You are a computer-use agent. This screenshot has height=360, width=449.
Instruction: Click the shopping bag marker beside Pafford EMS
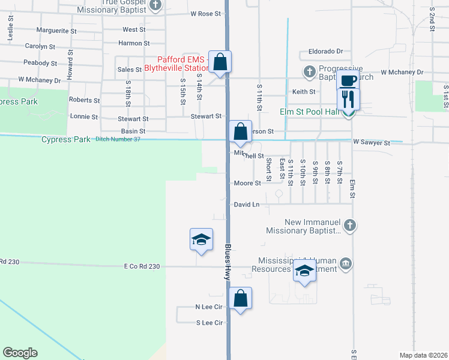pos(220,62)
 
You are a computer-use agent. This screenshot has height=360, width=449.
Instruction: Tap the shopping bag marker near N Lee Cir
pos(240,298)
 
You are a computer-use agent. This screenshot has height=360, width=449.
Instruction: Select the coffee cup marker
pos(348,80)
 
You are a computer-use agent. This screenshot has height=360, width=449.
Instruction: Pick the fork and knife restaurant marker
pos(348,98)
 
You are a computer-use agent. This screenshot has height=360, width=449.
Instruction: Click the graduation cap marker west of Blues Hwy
pos(201,240)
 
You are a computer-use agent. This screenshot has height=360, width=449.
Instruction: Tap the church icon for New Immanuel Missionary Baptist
pos(351,226)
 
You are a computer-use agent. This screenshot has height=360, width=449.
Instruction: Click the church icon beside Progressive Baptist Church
pos(310,73)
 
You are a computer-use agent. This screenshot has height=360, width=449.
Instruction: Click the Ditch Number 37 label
pos(118,139)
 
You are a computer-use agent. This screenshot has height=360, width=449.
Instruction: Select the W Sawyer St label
pos(372,143)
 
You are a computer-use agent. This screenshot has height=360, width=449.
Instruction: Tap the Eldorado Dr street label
pos(325,52)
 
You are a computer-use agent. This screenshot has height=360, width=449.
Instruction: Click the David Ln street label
pos(247,205)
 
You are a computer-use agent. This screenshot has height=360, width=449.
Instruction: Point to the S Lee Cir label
pos(209,323)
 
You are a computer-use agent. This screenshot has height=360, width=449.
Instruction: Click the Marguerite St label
pos(56,30)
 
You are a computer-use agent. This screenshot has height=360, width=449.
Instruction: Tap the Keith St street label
pos(304,92)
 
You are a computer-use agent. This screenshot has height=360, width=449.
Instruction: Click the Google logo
pos(20,353)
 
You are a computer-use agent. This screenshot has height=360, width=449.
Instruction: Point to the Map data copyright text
pos(423,355)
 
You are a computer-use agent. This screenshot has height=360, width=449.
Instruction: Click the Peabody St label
pos(40,63)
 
